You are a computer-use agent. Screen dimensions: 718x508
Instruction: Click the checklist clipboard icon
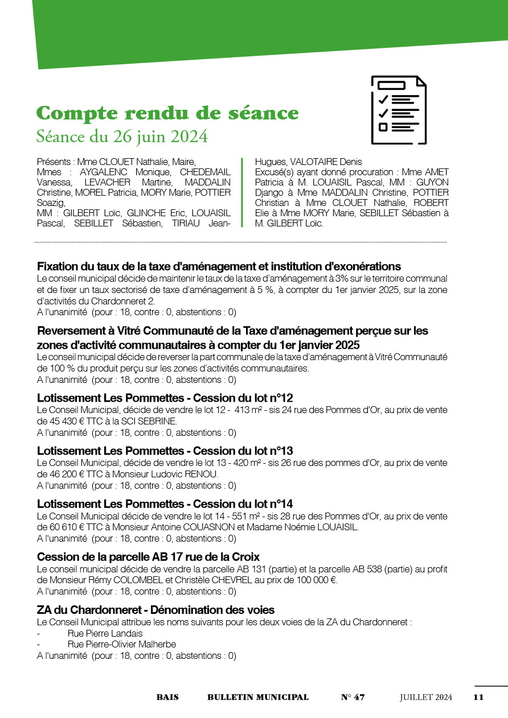pyautogui.click(x=399, y=110)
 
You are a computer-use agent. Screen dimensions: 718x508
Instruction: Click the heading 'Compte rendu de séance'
pyautogui.click(x=167, y=113)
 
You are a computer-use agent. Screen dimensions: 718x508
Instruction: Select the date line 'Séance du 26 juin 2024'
pyautogui.click(x=122, y=137)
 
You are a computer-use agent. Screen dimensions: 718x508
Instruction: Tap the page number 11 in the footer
pyautogui.click(x=478, y=697)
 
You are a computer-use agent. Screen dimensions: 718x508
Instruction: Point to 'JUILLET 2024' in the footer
pyautogui.click(x=425, y=697)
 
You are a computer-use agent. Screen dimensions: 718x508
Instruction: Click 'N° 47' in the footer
pyautogui.click(x=353, y=697)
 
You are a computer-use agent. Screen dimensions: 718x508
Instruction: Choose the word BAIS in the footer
pyautogui.click(x=167, y=697)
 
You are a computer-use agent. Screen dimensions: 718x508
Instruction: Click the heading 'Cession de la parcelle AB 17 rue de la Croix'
pyautogui.click(x=148, y=557)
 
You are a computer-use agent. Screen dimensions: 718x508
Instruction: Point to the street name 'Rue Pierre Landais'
pyautogui.click(x=105, y=633)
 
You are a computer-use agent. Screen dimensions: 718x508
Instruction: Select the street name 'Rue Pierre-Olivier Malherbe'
pyautogui.click(x=121, y=645)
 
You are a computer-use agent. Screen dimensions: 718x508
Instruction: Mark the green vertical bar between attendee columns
pyautogui.click(x=242, y=192)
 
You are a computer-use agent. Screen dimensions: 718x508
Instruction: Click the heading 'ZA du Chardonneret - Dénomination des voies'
pyautogui.click(x=155, y=610)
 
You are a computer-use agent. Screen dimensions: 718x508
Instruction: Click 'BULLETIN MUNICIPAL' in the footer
pyautogui.click(x=258, y=697)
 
